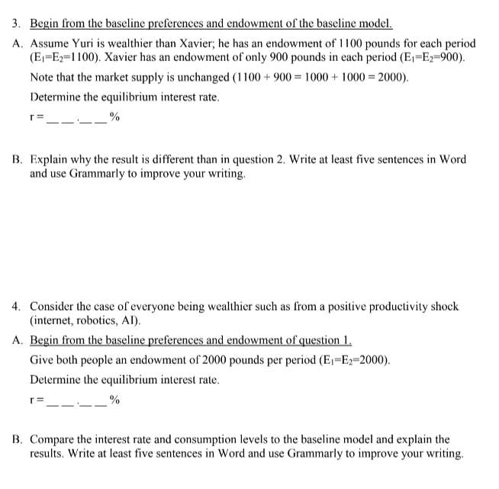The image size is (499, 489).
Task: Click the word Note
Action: pos(43,78)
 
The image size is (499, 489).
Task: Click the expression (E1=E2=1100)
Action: pos(66,58)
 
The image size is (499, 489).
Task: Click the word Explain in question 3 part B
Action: pos(50,160)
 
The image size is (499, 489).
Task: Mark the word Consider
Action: pos(53,307)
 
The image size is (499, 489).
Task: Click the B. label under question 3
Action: pos(18,160)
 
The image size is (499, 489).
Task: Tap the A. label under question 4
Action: pos(18,341)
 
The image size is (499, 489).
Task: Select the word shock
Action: pos(443,307)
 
